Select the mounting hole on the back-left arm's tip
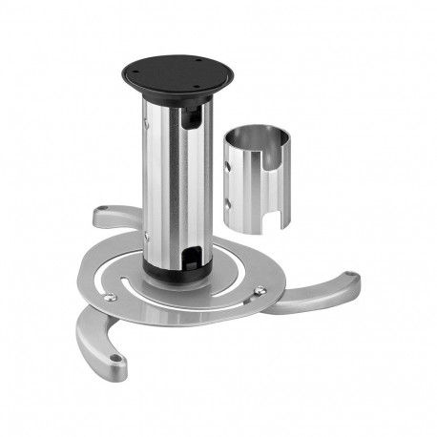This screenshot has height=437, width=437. point(101,212)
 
